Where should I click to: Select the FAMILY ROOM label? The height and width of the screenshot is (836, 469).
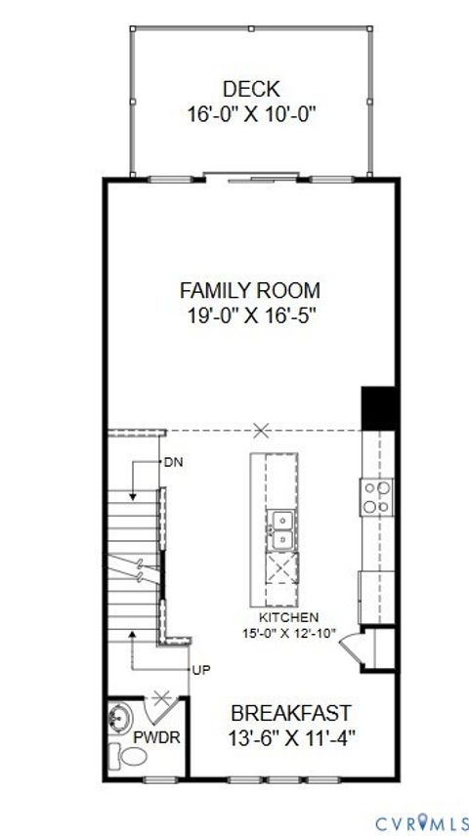pyautogui.click(x=250, y=290)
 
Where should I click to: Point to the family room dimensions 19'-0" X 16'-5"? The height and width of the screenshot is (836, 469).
pyautogui.click(x=250, y=315)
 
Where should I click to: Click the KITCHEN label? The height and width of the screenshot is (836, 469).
pyautogui.click(x=288, y=617)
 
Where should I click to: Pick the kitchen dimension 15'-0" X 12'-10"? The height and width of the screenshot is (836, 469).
pyautogui.click(x=288, y=633)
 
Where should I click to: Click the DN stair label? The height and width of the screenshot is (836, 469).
pyautogui.click(x=173, y=462)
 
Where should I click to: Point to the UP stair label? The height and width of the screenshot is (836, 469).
pyautogui.click(x=200, y=671)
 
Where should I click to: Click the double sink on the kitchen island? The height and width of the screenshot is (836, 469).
pyautogui.click(x=281, y=528)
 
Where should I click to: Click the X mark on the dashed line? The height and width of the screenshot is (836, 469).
pyautogui.click(x=261, y=429)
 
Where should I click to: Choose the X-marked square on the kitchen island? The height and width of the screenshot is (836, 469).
pyautogui.click(x=280, y=568)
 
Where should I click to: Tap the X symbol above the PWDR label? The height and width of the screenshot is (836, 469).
pyautogui.click(x=163, y=699)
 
